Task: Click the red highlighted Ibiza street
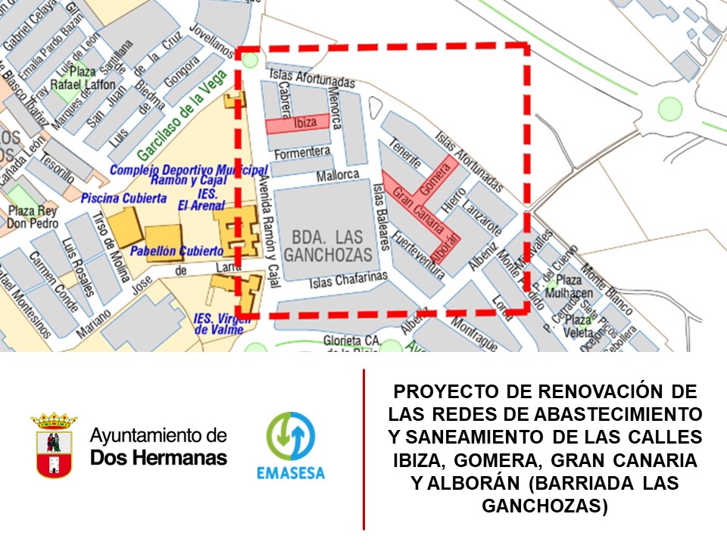point(298,123)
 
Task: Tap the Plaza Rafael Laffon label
point(83,78)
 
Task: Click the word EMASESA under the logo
point(290,473)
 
